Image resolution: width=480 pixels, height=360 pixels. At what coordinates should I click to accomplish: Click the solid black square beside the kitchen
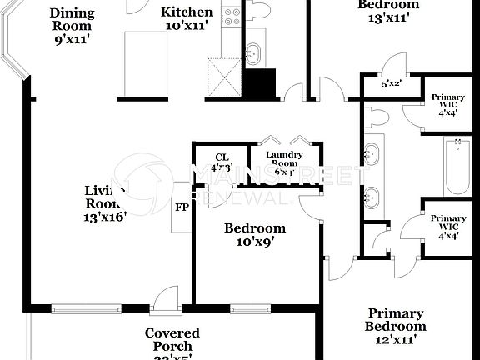259,83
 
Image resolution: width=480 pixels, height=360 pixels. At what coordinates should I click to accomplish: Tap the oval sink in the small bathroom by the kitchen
256,52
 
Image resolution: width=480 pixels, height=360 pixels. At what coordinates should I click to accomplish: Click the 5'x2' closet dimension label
390,84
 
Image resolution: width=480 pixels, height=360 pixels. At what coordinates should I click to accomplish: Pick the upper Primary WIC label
448,102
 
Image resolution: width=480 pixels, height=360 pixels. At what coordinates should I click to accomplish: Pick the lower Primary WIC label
448,226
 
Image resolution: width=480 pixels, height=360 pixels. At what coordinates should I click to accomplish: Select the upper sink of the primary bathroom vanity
373,154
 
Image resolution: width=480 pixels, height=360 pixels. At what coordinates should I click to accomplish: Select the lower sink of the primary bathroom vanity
373,197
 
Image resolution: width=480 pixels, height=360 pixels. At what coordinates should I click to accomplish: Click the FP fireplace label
181,206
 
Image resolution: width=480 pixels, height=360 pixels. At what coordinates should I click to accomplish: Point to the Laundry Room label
283,160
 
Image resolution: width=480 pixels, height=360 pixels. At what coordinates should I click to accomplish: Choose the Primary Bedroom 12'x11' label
397,326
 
